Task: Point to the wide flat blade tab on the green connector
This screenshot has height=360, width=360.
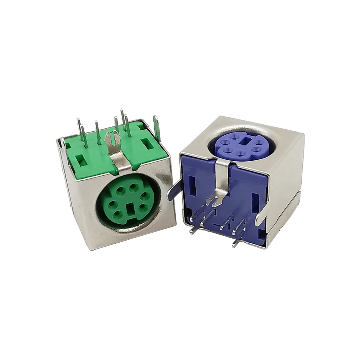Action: tap(156, 128)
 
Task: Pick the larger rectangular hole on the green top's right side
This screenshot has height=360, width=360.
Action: tap(147, 144)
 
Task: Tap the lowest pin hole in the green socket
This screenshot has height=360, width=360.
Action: tap(119, 215)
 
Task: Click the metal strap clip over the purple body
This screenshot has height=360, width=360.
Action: tap(222, 182)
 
